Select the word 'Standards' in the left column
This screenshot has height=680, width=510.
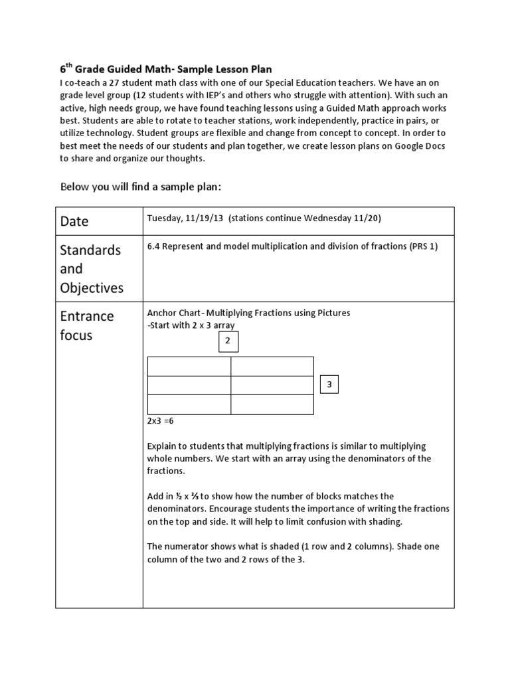click(90, 250)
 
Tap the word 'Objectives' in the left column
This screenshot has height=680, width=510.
click(92, 288)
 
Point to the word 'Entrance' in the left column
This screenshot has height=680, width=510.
click(87, 316)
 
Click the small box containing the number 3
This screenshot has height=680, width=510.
click(329, 384)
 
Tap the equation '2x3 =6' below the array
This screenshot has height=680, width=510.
click(160, 421)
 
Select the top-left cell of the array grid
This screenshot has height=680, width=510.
click(189, 367)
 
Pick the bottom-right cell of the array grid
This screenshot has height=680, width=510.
click(272, 404)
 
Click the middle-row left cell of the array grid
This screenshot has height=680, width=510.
click(189, 385)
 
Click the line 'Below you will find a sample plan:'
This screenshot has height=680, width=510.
click(140, 187)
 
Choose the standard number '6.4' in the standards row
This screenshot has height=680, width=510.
click(153, 246)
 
